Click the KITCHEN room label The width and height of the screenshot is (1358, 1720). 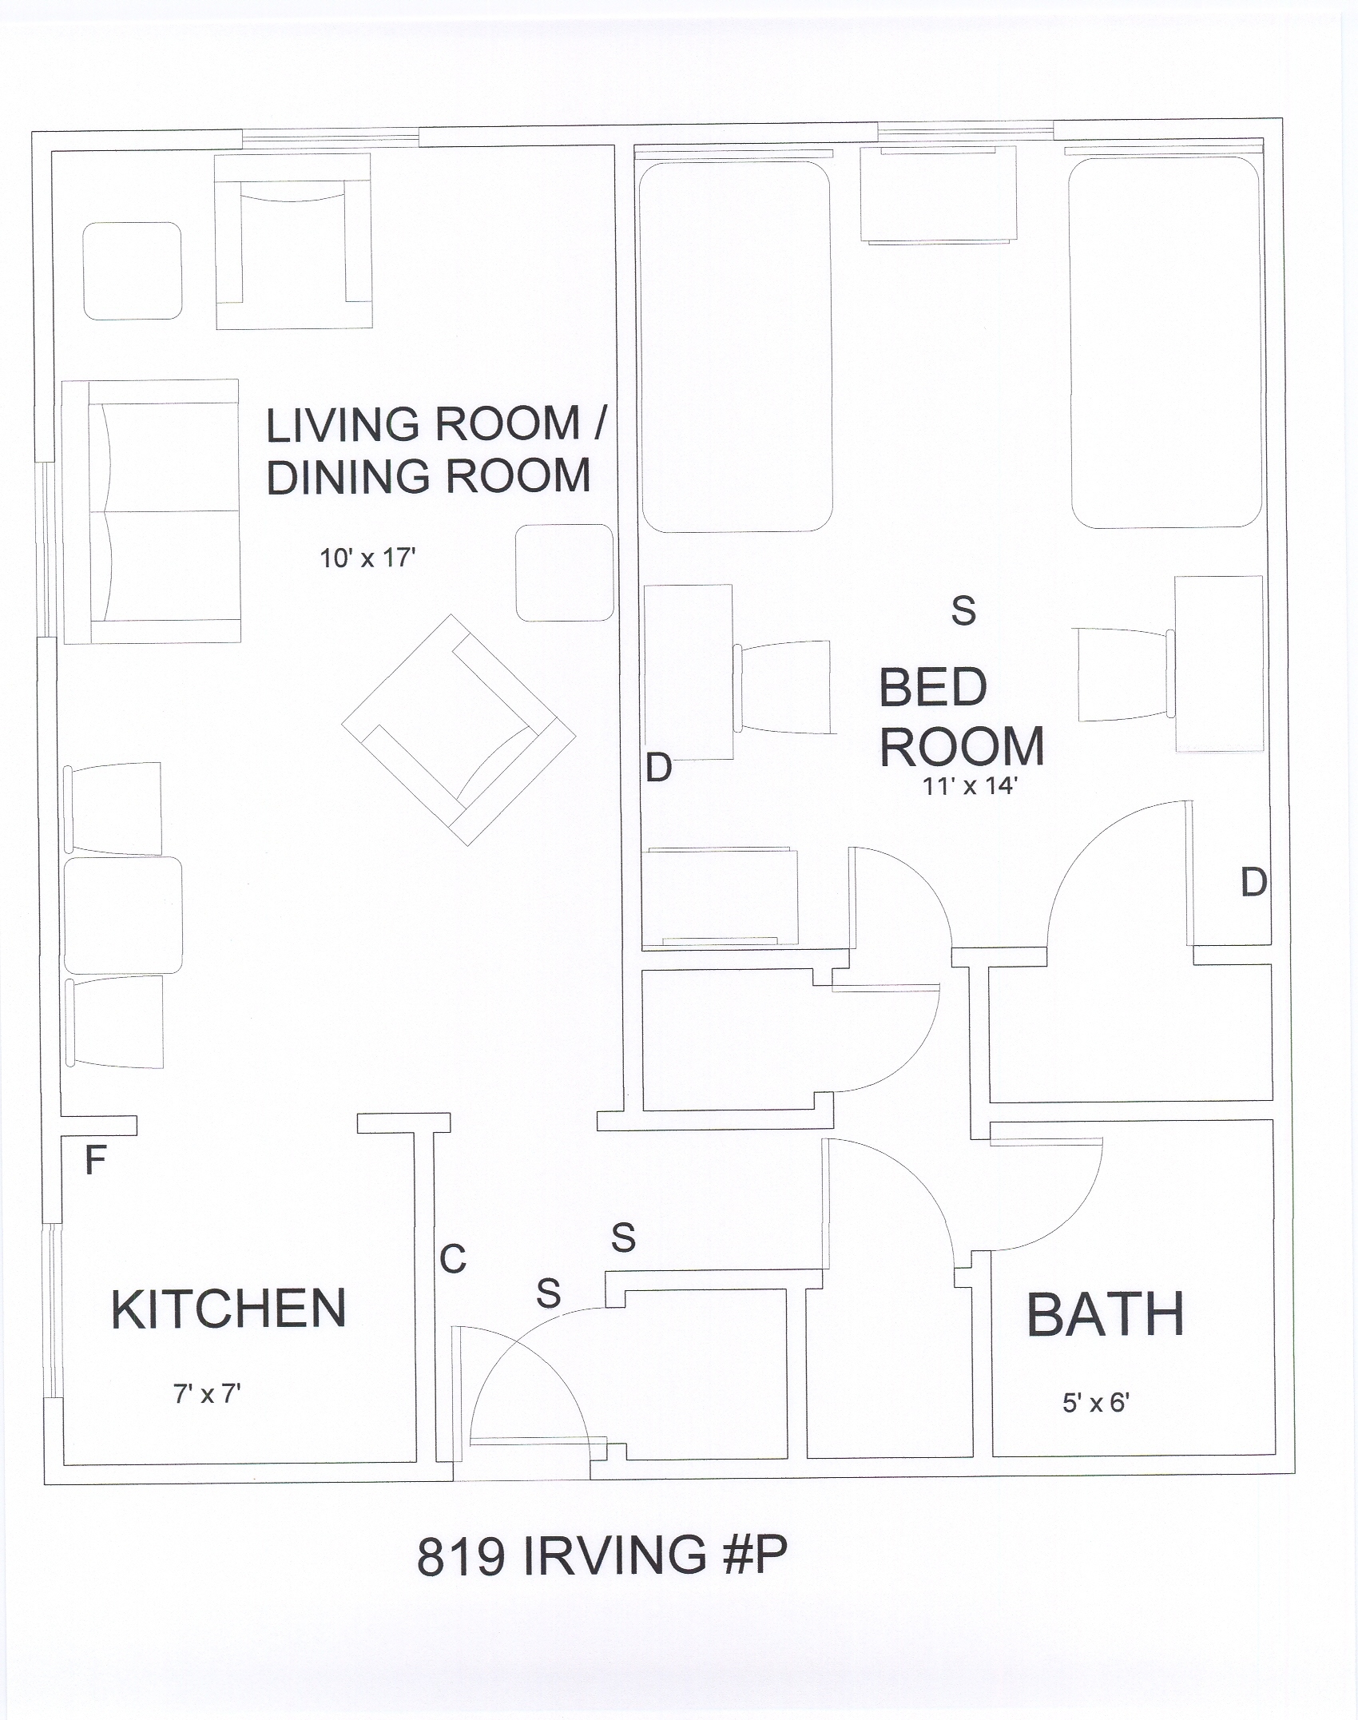(228, 1309)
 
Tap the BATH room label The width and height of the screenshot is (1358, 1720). (1105, 1315)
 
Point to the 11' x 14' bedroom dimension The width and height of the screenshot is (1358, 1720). (968, 786)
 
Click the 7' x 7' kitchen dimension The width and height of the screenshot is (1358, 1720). (207, 1394)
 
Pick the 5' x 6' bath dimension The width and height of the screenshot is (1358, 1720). (1095, 1403)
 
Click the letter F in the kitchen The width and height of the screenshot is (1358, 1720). (96, 1161)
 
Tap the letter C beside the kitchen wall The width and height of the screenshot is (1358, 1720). (453, 1260)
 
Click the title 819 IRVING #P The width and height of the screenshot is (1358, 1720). (602, 1556)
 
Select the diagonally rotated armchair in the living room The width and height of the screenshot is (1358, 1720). (459, 730)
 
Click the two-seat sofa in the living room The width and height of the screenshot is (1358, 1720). (151, 511)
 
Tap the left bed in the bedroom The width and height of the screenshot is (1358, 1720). (736, 347)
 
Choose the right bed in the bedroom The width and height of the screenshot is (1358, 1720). (1165, 342)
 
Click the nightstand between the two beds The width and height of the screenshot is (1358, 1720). (939, 193)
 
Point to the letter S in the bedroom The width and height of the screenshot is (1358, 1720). (964, 611)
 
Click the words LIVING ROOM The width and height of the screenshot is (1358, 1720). (423, 424)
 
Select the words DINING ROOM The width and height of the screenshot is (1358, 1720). (428, 476)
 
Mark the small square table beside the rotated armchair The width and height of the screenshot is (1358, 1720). (565, 573)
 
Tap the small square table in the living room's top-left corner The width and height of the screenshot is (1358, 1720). (133, 271)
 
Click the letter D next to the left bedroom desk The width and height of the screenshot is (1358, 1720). (659, 768)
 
